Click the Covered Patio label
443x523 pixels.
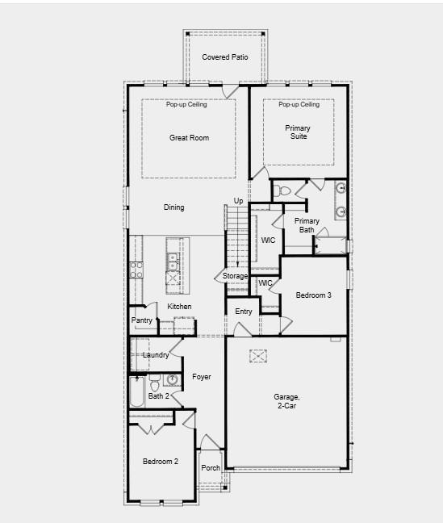(224, 57)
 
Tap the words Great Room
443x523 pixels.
(189, 138)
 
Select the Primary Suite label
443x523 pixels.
(297, 132)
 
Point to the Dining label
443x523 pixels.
(173, 207)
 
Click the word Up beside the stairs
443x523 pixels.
(238, 201)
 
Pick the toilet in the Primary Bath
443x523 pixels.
(282, 191)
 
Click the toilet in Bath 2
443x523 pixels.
(155, 383)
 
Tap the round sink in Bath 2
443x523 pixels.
(172, 379)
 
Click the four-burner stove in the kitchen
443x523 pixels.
(136, 270)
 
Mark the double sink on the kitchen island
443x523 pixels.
(173, 260)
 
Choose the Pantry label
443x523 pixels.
(141, 320)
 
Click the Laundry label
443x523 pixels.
(155, 355)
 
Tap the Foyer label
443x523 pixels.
(201, 377)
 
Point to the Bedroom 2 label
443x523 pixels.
(161, 462)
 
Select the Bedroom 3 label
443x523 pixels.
(313, 295)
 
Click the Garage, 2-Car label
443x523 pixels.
(286, 401)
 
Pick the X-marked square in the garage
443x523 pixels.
(258, 356)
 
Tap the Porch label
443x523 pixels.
(211, 468)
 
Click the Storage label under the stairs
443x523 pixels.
(236, 277)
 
